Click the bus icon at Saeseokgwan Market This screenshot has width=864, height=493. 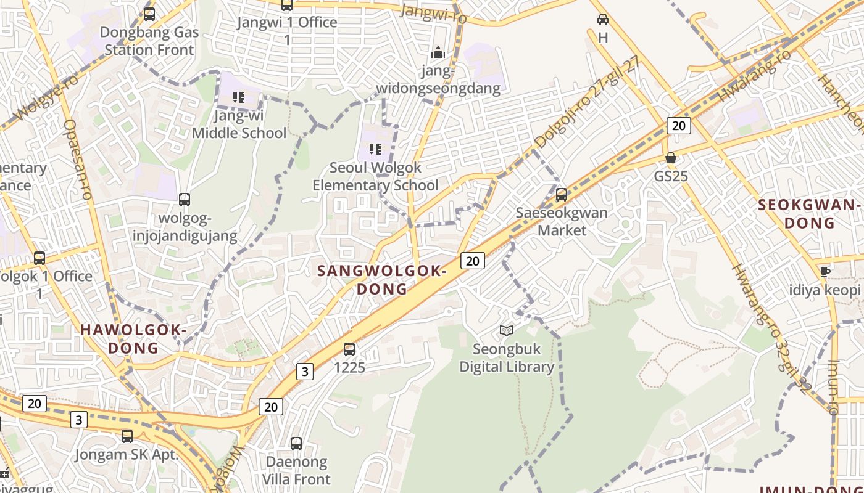point(562,195)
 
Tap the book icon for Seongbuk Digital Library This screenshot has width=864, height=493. point(507,331)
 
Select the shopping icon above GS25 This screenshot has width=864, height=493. point(671,158)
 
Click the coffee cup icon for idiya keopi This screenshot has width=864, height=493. point(825,272)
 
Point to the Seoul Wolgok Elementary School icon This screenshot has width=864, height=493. point(375,149)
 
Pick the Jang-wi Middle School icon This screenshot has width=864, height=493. point(239,97)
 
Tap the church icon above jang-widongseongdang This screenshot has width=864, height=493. point(438,53)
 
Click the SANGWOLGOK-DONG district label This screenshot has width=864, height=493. point(381,280)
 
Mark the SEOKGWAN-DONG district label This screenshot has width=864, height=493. point(809,213)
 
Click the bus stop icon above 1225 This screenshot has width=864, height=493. point(349,349)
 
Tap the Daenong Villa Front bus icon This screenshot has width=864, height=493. point(296,444)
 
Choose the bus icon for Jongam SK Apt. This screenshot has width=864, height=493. point(127,436)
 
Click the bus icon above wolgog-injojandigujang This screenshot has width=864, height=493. point(185,200)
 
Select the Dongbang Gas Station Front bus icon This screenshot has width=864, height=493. point(149,14)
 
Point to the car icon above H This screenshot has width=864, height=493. point(603,20)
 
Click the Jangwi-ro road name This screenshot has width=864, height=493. point(433,14)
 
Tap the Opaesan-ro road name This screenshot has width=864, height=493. point(78,159)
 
